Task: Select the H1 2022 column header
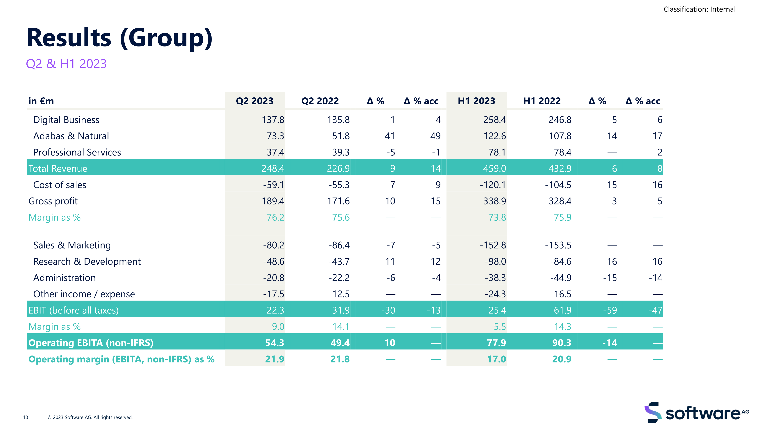click(542, 101)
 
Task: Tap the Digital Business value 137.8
click(273, 120)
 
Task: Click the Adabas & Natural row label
click(71, 136)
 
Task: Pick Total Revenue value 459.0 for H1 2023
click(494, 168)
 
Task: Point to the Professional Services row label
click(77, 152)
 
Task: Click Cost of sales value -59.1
click(273, 185)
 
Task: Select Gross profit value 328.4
click(560, 201)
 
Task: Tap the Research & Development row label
click(87, 262)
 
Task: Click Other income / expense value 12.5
click(341, 294)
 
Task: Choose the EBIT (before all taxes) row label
click(73, 310)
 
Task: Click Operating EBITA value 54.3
click(274, 343)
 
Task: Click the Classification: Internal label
click(699, 9)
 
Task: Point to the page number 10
click(25, 417)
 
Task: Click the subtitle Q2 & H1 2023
click(66, 64)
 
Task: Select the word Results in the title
click(69, 38)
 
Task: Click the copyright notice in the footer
click(90, 417)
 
